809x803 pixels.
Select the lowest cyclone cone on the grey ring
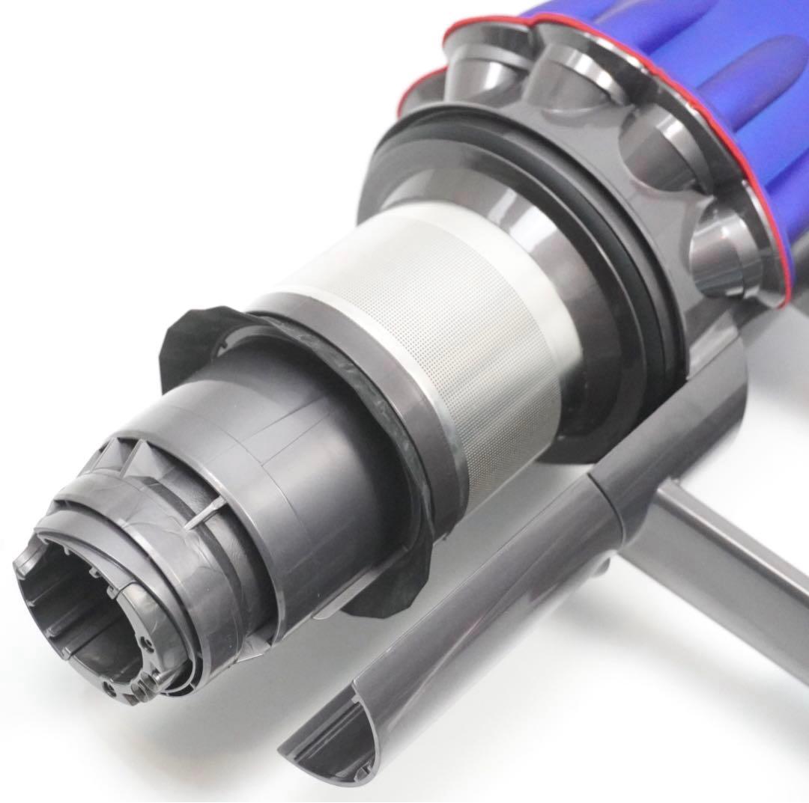click(x=723, y=254)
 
